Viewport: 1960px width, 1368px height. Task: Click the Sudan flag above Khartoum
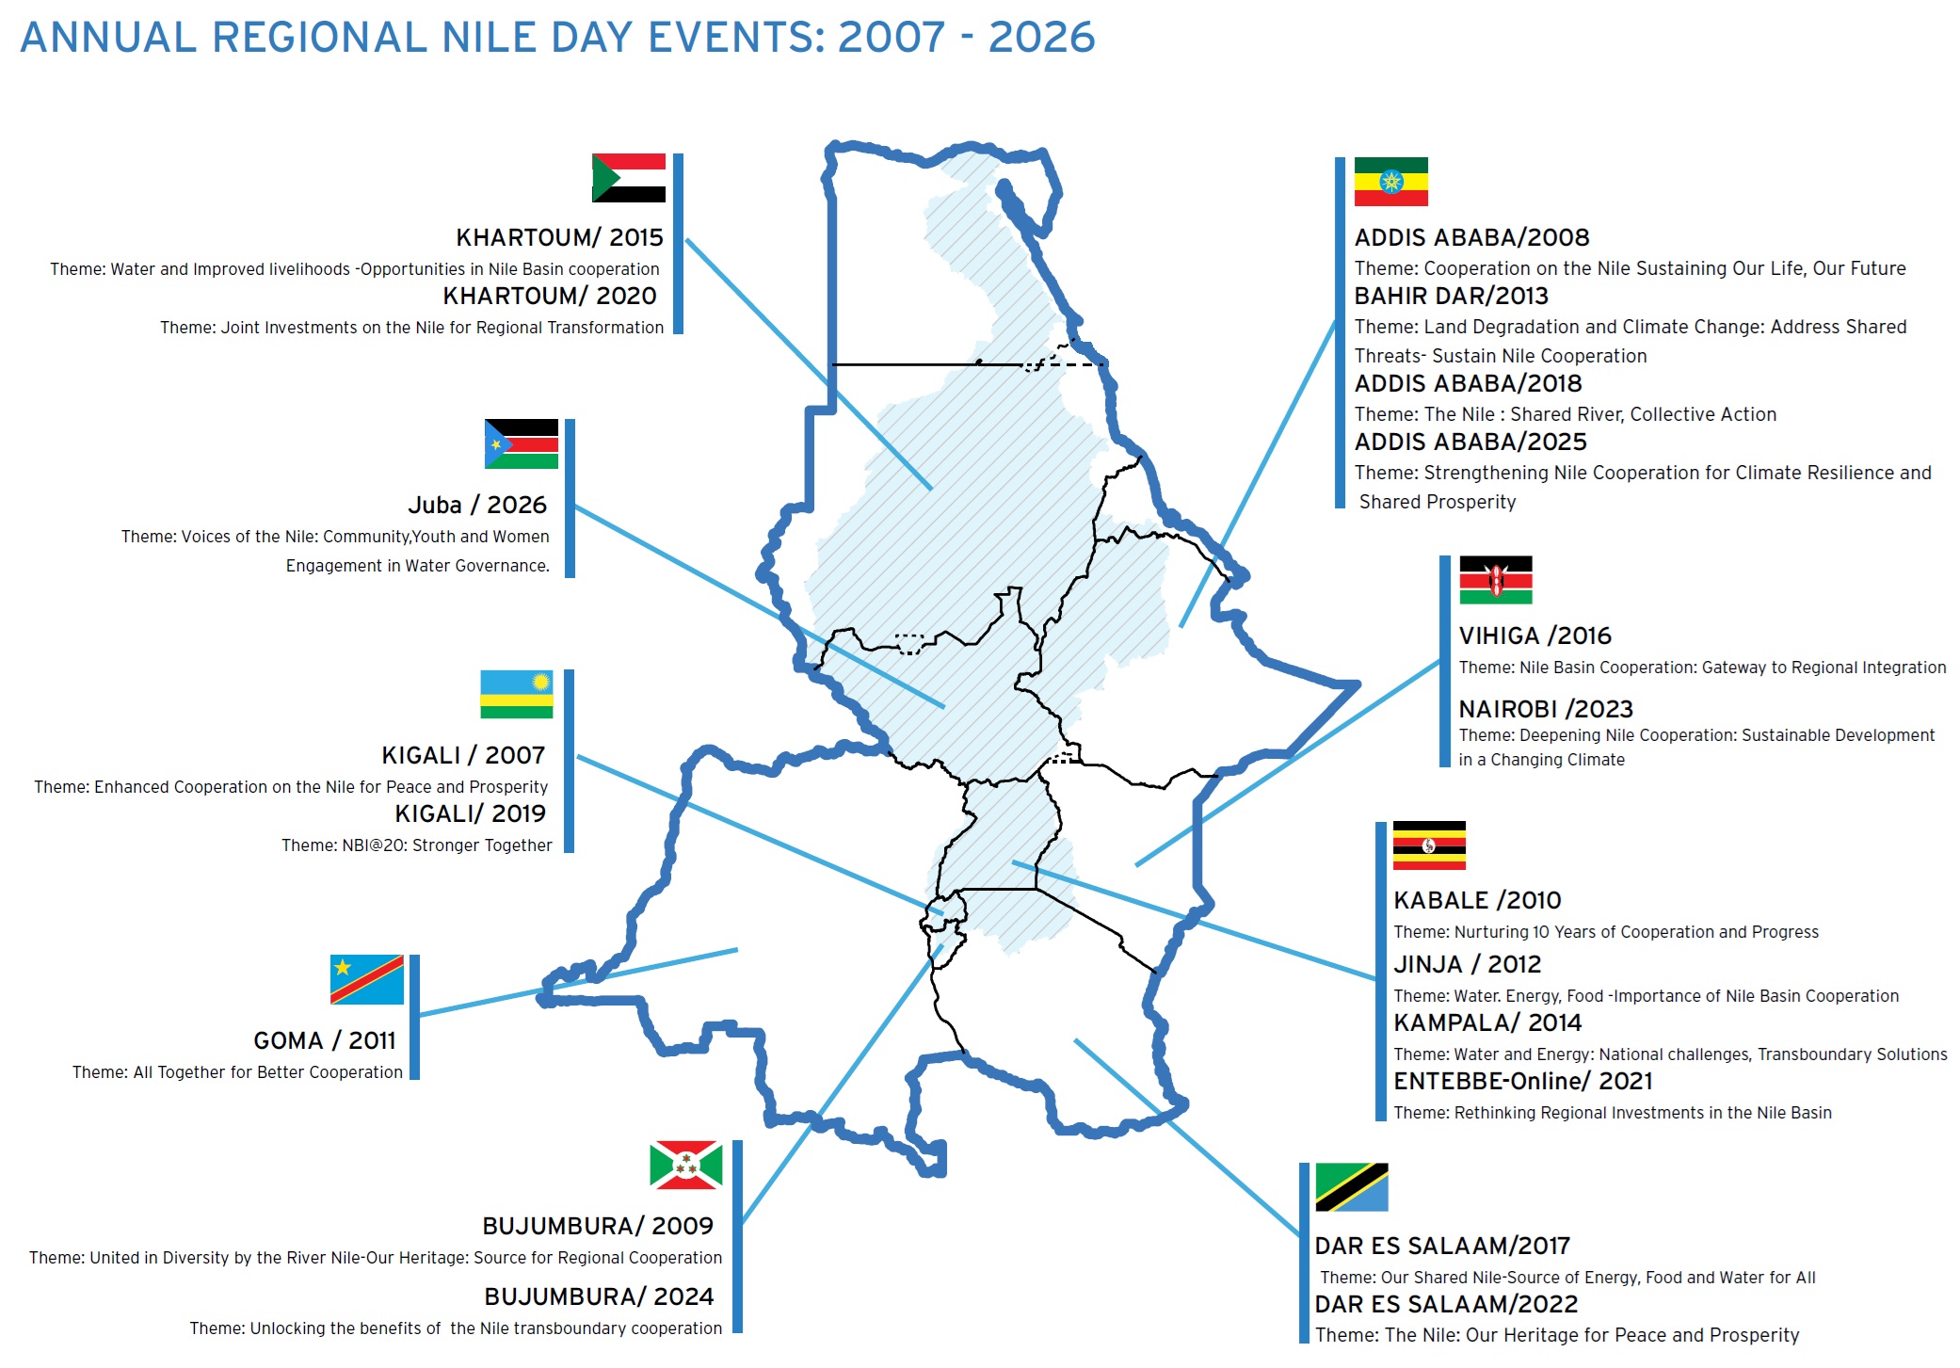point(628,178)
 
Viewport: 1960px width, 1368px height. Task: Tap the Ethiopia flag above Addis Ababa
point(1390,182)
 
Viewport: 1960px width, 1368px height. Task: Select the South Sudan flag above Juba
point(521,444)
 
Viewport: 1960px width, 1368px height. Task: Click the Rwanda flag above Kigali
point(516,694)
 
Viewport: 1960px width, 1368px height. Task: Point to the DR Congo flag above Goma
point(366,980)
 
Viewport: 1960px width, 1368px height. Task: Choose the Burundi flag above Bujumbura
point(685,1165)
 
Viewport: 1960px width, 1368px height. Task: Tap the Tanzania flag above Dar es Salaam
point(1351,1187)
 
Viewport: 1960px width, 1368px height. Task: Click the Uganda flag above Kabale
point(1429,845)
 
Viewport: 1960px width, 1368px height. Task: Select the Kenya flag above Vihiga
point(1495,580)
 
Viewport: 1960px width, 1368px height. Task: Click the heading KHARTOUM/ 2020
point(550,296)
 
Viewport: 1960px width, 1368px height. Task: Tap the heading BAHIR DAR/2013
point(1451,296)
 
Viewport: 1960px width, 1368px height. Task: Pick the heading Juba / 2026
point(477,505)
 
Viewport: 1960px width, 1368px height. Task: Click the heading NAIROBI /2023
point(1545,709)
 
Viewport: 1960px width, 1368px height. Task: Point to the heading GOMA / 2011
point(325,1040)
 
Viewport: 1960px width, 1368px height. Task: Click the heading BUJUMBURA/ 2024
point(599,1296)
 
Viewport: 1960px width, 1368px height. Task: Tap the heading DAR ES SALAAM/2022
point(1445,1304)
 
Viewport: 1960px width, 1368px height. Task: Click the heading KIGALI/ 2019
point(471,813)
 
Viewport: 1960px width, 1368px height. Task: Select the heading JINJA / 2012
point(1467,964)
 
